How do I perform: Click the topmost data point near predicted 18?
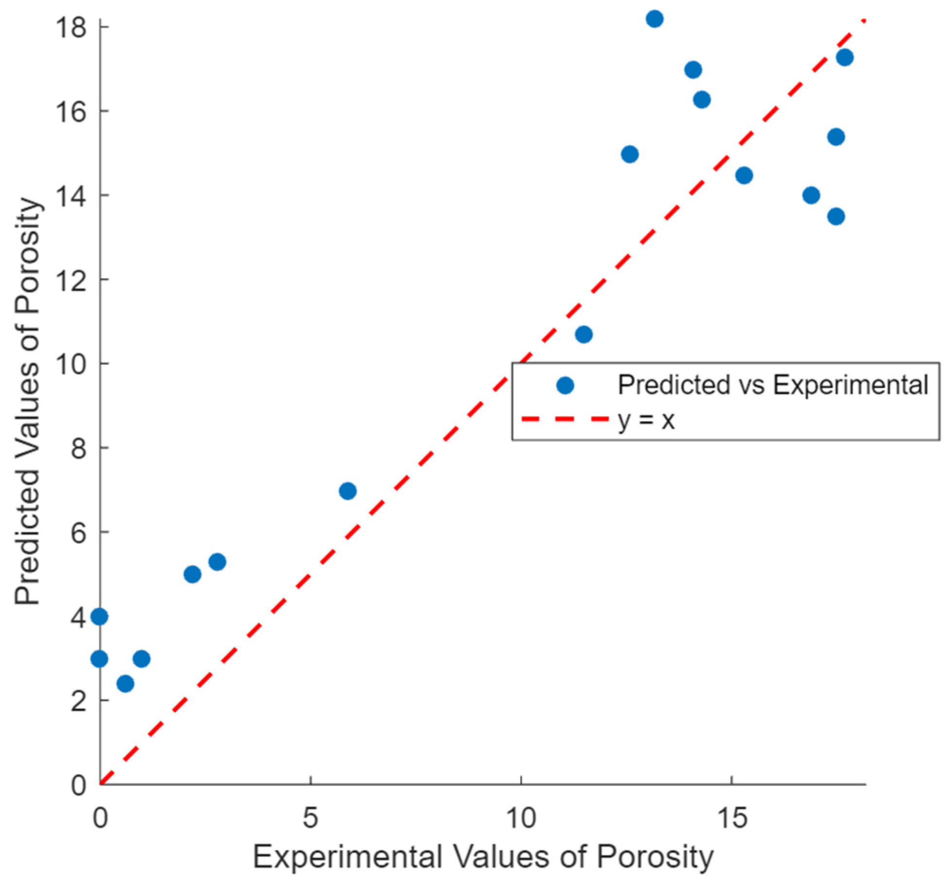pyautogui.click(x=655, y=19)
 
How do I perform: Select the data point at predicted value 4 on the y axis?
pyautogui.click(x=100, y=617)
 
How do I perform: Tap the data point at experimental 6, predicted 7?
pyautogui.click(x=347, y=491)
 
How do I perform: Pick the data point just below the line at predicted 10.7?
pyautogui.click(x=584, y=334)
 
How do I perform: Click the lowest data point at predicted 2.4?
pyautogui.click(x=125, y=684)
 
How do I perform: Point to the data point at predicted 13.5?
pyautogui.click(x=836, y=216)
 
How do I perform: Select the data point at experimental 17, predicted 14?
pyautogui.click(x=811, y=195)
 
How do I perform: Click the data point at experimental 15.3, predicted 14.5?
pyautogui.click(x=744, y=175)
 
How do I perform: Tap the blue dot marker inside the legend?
pyautogui.click(x=565, y=385)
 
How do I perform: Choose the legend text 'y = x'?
pyautogui.click(x=646, y=420)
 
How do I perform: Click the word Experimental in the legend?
pyautogui.click(x=850, y=385)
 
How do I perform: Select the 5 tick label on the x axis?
pyautogui.click(x=310, y=818)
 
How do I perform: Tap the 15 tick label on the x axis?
pyautogui.click(x=731, y=818)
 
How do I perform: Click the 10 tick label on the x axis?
pyautogui.click(x=520, y=818)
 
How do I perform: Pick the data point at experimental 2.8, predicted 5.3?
pyautogui.click(x=217, y=562)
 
